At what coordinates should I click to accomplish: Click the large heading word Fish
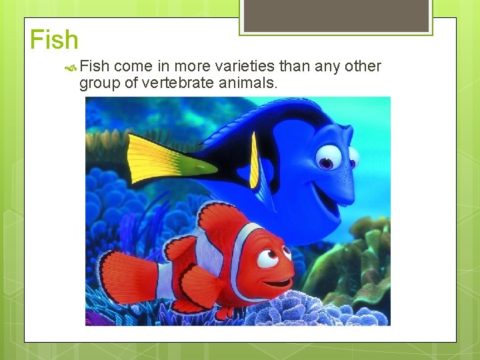(x=54, y=41)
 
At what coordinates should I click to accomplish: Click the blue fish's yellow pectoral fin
(x=254, y=160)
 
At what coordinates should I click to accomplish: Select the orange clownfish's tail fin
(x=127, y=277)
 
